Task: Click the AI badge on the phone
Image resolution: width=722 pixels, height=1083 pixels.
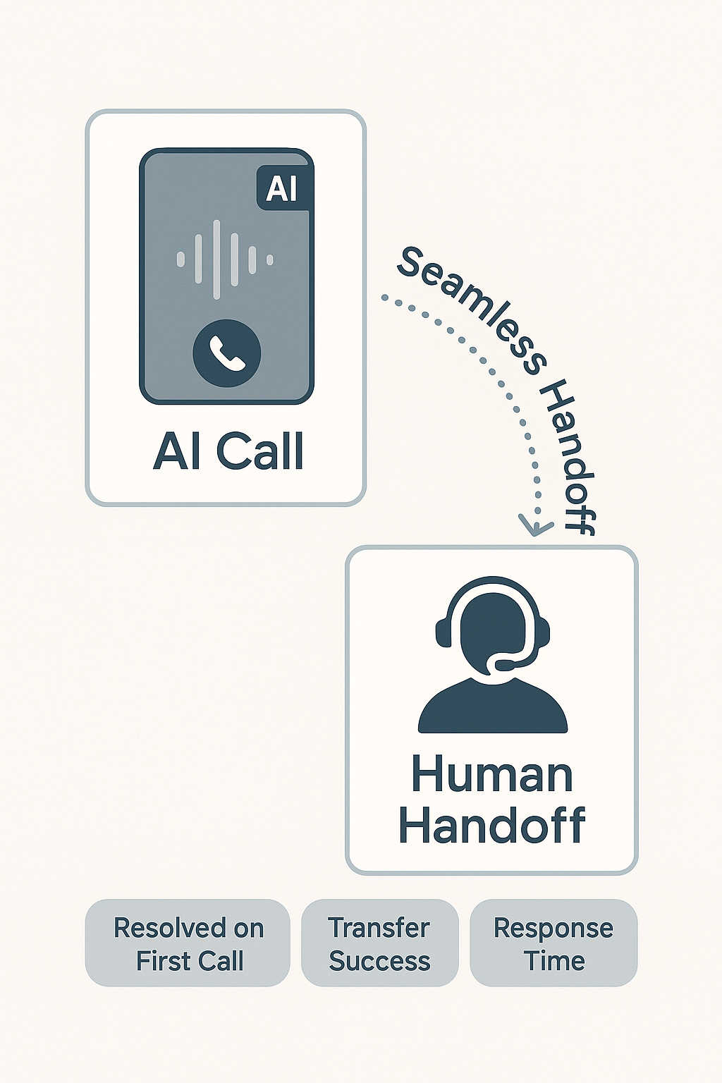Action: coord(283,188)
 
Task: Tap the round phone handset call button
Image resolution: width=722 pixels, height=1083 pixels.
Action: coord(226,353)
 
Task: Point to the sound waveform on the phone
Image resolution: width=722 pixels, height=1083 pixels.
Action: coord(225,259)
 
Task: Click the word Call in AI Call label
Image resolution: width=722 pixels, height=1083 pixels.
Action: coord(259,451)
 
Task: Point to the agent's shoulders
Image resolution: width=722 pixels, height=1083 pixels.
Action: coord(492,709)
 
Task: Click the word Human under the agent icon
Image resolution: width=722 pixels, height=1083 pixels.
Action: coord(492,774)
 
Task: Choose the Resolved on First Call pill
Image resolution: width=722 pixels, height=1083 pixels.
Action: coord(188,943)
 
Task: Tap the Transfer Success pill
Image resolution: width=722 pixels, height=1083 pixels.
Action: coord(379,943)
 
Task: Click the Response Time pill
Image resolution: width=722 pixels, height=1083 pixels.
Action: coord(553,943)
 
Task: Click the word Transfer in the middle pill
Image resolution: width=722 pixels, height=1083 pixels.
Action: coord(379,928)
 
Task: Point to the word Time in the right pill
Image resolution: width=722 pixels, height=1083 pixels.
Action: coord(555,960)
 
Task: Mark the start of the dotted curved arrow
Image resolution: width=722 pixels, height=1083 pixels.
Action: coord(384,298)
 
